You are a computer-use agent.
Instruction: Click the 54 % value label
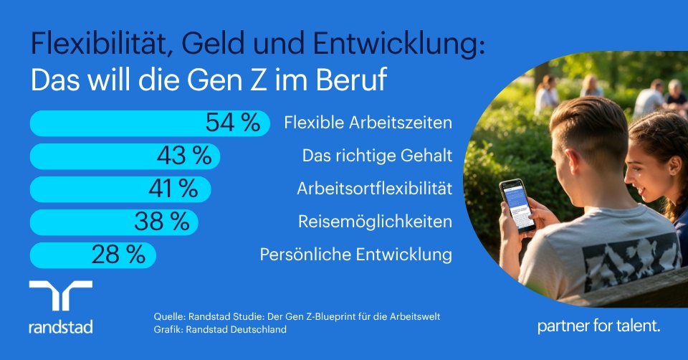tap(232, 123)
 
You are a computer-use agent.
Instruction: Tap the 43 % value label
tap(184, 155)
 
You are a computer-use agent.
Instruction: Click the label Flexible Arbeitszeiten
tap(368, 123)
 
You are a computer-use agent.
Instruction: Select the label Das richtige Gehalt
tap(377, 156)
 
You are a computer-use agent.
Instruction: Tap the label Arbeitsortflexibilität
tap(374, 189)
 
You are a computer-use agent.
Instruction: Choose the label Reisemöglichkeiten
tap(375, 222)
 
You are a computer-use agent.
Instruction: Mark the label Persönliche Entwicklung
tap(355, 255)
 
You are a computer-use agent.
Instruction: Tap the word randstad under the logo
tap(60, 327)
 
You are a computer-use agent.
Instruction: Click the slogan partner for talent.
tap(598, 326)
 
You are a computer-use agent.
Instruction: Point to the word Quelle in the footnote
tap(171, 316)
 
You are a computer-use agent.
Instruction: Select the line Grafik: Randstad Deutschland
tap(220, 330)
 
